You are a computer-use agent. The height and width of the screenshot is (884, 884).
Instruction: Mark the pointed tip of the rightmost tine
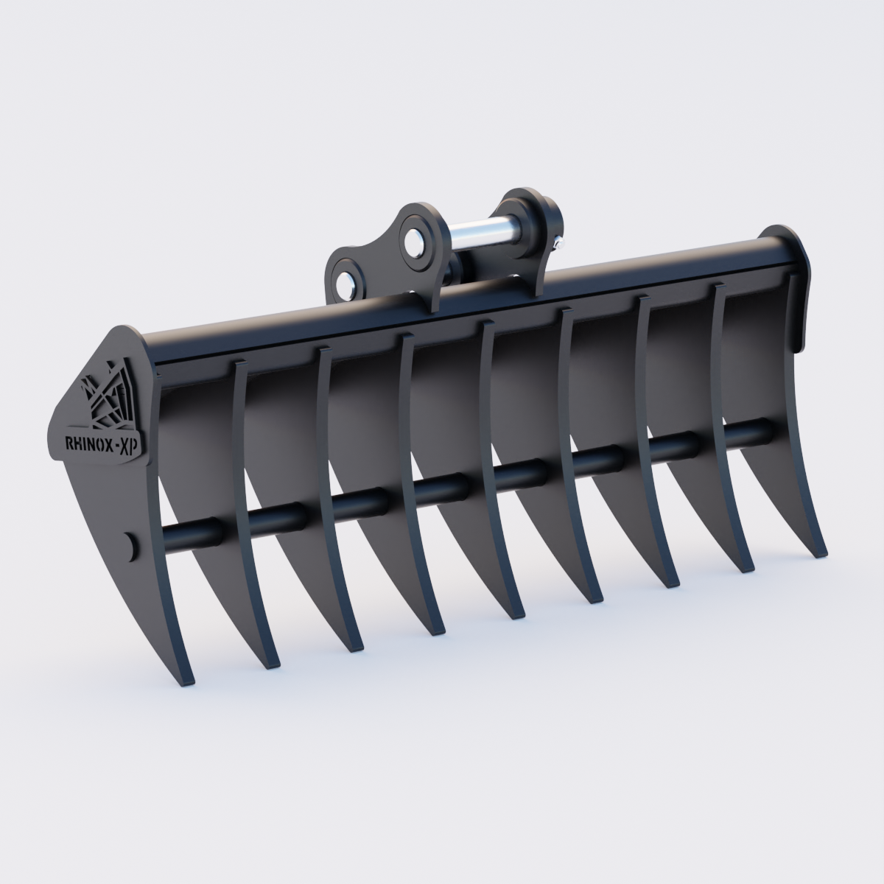822,554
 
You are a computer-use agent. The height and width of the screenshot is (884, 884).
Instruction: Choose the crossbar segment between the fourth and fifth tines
442,485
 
